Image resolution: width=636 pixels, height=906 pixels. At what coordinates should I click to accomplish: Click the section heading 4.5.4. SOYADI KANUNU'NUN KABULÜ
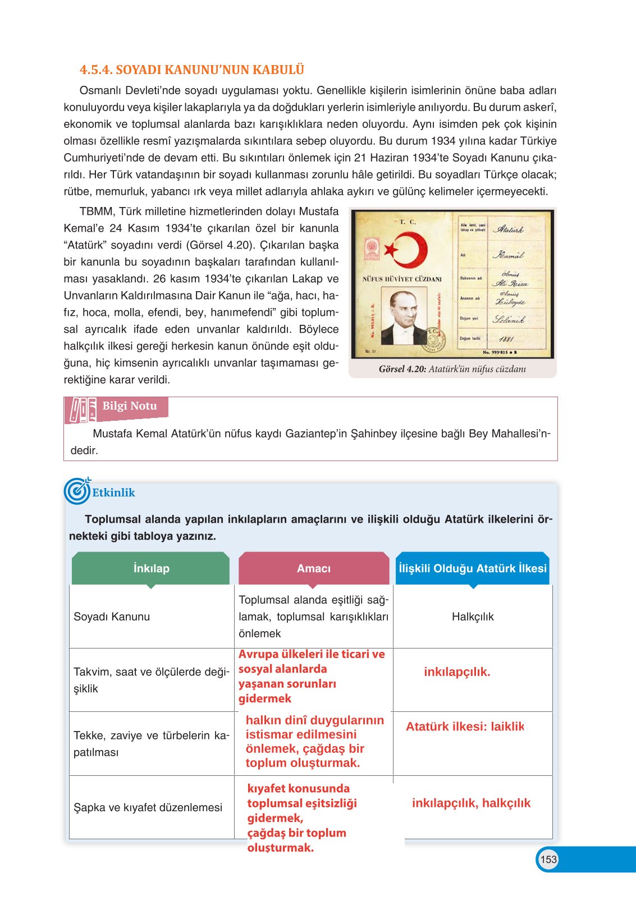pos(191,70)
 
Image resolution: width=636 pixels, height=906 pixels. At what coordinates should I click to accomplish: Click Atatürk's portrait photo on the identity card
pos(404,318)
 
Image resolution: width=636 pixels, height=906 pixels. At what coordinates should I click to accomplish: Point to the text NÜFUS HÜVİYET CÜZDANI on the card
pos(402,279)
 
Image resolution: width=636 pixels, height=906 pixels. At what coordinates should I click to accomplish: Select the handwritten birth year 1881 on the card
pos(506,339)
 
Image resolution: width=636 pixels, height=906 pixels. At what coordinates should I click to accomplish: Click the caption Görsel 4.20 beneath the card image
pos(452,369)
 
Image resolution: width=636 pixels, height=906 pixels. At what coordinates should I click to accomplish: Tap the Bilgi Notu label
pos(130,406)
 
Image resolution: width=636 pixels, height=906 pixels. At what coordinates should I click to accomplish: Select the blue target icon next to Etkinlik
pos(77,491)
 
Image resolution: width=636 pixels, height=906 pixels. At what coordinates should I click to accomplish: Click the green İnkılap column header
pos(151,568)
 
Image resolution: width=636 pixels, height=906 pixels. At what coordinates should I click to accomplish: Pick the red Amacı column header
pos(313,568)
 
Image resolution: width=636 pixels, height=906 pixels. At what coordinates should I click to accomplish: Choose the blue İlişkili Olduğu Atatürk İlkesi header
pos(472,568)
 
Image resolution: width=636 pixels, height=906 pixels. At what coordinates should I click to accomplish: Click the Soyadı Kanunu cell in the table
pos(112,617)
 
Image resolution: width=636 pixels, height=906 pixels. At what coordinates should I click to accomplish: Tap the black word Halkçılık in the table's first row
pos(473,617)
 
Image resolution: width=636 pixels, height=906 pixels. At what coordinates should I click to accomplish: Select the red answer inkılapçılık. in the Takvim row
pos(457,672)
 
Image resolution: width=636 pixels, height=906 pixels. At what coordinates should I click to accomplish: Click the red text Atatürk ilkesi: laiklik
pos(465,726)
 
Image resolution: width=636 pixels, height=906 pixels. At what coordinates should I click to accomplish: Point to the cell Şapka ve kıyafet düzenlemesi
pos(148,807)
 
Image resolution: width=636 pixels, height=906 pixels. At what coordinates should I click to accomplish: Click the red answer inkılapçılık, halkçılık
pos(471,803)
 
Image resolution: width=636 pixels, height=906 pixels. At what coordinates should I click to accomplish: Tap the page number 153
pos(548,859)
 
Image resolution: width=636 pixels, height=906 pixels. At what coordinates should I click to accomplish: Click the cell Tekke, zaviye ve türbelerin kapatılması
pos(151,743)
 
